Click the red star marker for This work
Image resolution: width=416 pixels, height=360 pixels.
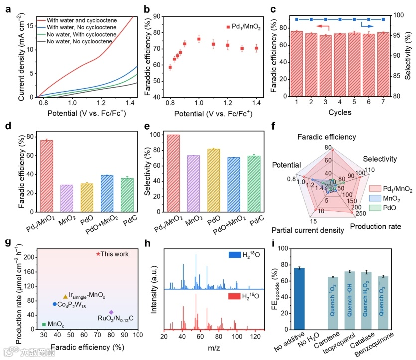point(98,254)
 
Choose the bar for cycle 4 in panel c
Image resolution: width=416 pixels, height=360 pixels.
point(339,64)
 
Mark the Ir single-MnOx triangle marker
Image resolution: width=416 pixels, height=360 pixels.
point(65,296)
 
